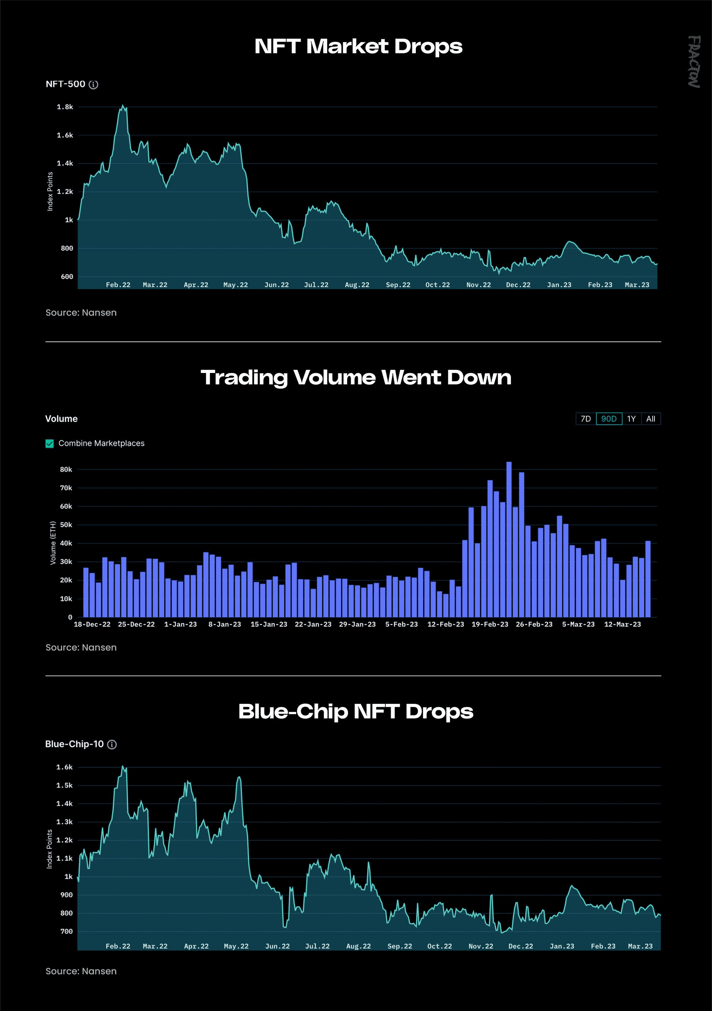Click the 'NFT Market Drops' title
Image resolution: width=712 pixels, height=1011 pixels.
coord(358,47)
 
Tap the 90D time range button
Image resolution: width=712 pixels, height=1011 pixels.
coord(609,419)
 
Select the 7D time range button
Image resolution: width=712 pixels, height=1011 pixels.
coord(586,419)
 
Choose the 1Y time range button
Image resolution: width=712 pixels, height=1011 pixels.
coord(632,419)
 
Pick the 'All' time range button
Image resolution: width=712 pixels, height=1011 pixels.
coord(651,419)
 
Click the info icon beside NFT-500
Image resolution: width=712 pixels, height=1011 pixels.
coord(94,84)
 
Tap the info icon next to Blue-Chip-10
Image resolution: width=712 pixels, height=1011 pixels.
coord(112,745)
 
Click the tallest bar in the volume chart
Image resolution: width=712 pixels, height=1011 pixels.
coord(509,539)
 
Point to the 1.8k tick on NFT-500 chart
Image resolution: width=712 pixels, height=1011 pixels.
coord(65,107)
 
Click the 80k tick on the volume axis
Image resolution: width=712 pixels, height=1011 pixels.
coord(66,470)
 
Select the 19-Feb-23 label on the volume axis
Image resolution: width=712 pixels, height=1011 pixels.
coord(490,624)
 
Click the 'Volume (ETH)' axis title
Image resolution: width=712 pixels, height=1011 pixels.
coord(53,543)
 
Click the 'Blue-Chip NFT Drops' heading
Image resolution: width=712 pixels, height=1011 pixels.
coord(356,712)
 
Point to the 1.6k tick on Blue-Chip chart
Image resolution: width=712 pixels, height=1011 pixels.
coord(65,767)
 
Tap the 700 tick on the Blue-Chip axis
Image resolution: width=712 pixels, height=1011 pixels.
coord(67,931)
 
